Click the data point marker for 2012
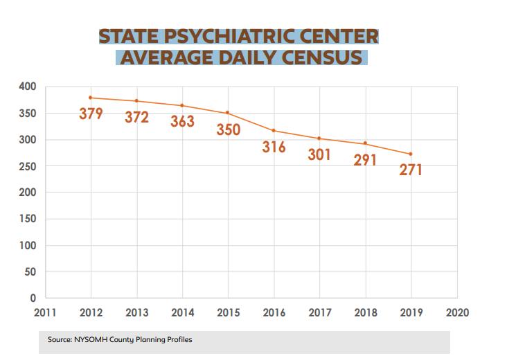coord(91,98)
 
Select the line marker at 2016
coord(274,130)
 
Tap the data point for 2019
coord(411,154)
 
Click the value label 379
coord(91,113)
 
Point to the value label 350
coord(228,129)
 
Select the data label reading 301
coord(319,154)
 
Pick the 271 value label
coord(411,169)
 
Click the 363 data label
coord(182,122)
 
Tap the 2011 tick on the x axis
coord(45,313)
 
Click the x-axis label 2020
coord(457,313)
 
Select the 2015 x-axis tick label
coord(228,313)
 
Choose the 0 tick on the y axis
coord(33,298)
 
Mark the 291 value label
coord(365,160)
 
